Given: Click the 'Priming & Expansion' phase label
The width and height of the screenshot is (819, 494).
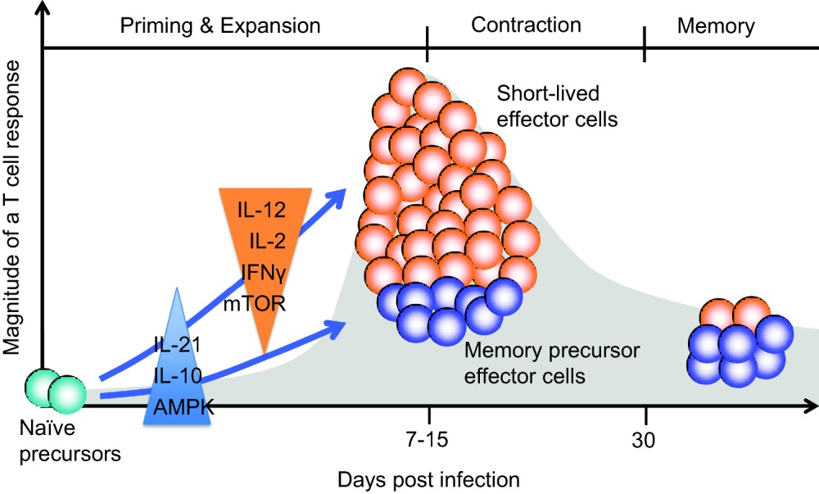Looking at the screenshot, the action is [x=219, y=25].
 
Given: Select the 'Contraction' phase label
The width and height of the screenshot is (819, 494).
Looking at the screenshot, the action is [x=526, y=25].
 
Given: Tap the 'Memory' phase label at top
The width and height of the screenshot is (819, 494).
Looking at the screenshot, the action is [x=716, y=26].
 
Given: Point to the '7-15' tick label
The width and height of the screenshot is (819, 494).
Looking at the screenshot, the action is [x=428, y=439].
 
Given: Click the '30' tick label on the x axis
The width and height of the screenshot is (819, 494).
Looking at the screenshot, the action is [x=644, y=440].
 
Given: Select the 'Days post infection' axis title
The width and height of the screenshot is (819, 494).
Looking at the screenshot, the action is [x=429, y=479].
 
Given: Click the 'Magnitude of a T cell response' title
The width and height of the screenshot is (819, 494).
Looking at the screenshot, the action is [x=11, y=208].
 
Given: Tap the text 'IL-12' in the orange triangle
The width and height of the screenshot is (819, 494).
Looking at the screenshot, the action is [x=262, y=210].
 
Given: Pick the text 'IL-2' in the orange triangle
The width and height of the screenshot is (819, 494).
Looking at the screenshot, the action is [x=268, y=241].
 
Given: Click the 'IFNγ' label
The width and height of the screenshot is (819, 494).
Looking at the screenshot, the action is [x=264, y=272].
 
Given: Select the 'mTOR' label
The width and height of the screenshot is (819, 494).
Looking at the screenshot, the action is [x=255, y=304].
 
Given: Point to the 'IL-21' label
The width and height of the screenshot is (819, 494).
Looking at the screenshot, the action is [x=178, y=345].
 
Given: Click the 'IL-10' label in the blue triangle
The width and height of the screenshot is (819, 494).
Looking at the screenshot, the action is [x=178, y=375].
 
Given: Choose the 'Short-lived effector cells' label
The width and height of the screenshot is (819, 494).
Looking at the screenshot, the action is [x=557, y=107].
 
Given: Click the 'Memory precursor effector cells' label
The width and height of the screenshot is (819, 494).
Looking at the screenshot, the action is [x=551, y=363].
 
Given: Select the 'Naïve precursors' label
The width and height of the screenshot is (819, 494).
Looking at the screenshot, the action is [x=70, y=442].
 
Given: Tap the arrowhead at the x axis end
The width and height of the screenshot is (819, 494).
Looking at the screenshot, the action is [x=811, y=406].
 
